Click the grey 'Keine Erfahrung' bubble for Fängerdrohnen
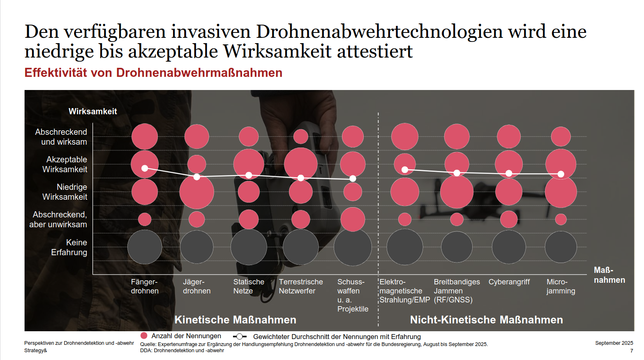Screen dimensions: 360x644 [145, 247]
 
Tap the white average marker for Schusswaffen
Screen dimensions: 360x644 [353, 178]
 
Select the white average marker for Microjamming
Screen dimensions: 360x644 [561, 174]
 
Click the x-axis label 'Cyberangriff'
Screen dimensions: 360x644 [509, 282]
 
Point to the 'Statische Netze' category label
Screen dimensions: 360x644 [248, 286]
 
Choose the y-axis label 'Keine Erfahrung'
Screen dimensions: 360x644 [69, 247]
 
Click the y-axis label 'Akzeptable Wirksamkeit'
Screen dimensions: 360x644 [65, 164]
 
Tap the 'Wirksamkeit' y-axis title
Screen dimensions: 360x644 [92, 111]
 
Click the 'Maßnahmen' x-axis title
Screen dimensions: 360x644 [609, 275]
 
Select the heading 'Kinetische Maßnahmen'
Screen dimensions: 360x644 [235, 320]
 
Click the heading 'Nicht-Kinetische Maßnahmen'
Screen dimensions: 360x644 [486, 320]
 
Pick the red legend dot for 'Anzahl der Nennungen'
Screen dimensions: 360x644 [144, 336]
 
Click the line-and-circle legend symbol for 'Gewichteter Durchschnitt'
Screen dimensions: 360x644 [240, 337]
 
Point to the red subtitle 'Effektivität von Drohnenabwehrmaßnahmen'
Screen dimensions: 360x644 [153, 73]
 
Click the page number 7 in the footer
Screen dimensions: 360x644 [632, 351]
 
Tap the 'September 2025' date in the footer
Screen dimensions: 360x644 [614, 343]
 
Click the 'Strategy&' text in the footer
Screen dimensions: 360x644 [36, 351]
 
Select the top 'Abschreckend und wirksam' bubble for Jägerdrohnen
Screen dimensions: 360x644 [196, 136]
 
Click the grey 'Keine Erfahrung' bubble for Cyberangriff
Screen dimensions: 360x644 [509, 247]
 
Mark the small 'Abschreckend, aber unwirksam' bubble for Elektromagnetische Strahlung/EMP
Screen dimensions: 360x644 [404, 219]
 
